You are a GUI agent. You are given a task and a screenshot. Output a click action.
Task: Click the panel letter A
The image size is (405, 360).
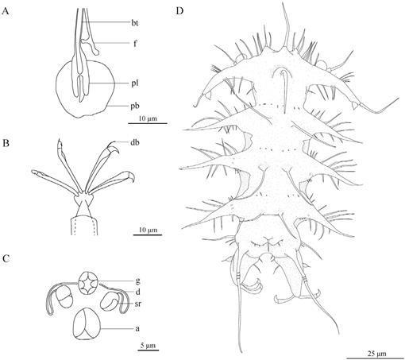tap(6, 12)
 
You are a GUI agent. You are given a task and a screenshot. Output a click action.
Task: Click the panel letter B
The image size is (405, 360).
tap(6, 143)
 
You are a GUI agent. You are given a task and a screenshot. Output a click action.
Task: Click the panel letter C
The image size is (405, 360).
tap(6, 258)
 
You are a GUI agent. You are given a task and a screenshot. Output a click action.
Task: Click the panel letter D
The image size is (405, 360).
tap(179, 11)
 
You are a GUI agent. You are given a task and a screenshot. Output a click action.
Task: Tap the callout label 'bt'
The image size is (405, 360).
tap(135, 23)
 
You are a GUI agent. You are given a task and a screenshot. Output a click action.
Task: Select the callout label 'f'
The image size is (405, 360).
tap(135, 43)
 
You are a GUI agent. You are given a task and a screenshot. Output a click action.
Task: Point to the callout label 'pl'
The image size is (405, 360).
tap(135, 83)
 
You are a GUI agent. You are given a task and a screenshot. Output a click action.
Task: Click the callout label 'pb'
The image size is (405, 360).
tap(135, 106)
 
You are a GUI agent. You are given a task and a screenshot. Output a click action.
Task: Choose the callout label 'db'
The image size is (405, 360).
tap(135, 142)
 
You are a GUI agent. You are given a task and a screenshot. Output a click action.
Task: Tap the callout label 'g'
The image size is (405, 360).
tap(137, 281)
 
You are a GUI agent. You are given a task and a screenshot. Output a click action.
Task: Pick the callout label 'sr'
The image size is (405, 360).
tap(137, 304)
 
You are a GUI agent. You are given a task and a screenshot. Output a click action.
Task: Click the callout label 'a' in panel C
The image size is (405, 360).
tap(137, 329)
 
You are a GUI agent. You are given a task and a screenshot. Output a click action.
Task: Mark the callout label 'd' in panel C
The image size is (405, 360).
tap(137, 292)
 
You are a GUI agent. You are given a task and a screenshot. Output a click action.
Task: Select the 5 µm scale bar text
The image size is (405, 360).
tap(148, 346)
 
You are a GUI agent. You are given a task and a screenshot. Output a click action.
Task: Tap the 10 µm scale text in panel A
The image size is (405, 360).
tap(148, 118)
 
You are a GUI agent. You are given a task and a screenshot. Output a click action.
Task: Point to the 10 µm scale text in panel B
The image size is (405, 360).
tap(148, 230)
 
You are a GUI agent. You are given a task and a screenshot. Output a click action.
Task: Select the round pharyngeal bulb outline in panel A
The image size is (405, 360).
tap(56, 87)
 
